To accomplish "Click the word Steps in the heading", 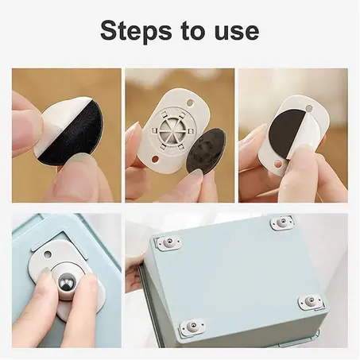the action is click(136, 31).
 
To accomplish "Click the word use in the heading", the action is click(237, 32).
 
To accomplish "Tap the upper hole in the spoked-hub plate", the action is click(190, 102).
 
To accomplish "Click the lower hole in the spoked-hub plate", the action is click(155, 158).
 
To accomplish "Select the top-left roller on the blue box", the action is click(167, 242).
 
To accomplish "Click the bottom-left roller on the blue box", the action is click(192, 325).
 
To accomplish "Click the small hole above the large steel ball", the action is click(48, 254).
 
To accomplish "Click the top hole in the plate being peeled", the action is click(309, 108).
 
